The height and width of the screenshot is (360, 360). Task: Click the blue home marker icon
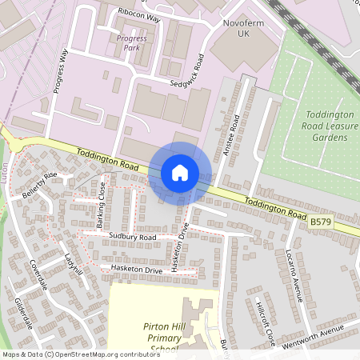180,173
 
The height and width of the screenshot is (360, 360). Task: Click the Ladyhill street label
72,266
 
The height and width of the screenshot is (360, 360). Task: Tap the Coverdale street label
38,274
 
